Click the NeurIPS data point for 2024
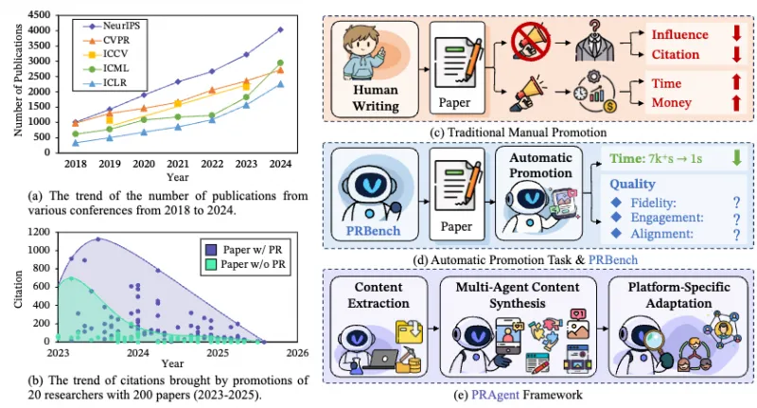(x=279, y=29)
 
